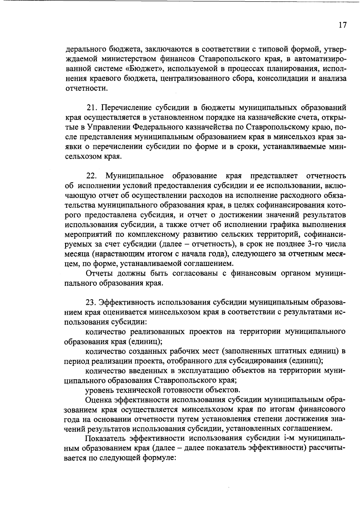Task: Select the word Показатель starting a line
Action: click(x=105, y=439)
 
